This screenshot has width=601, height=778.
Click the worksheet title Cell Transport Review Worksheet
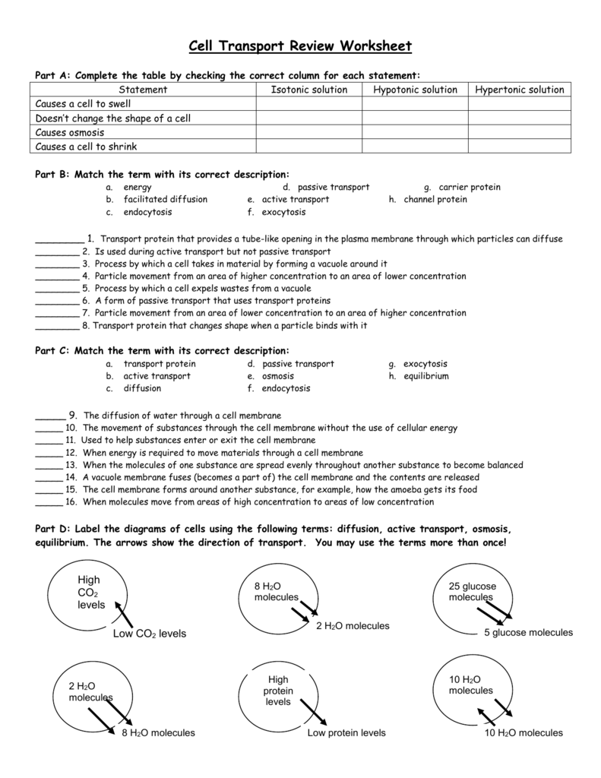[300, 46]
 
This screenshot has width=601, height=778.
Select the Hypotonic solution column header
[415, 90]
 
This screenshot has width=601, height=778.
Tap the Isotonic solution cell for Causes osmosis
[308, 132]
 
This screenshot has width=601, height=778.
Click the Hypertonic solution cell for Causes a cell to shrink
[520, 147]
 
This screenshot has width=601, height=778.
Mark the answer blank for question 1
[59, 239]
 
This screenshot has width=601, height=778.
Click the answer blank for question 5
[57, 289]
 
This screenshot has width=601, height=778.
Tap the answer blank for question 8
[57, 326]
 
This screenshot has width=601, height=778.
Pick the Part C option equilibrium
[426, 376]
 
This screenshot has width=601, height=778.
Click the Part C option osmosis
[278, 376]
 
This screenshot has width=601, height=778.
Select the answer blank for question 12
[49, 452]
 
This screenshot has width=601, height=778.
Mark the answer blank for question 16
[49, 502]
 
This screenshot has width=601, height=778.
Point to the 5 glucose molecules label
[528, 632]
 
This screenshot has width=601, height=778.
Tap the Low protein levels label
[346, 733]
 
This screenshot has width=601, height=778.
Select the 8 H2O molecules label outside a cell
[158, 733]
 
